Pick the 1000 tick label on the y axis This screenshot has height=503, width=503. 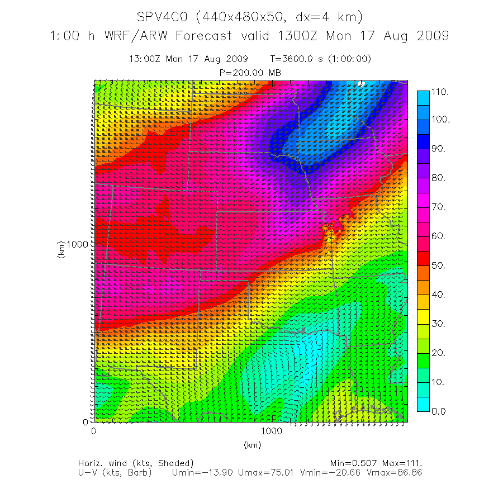(77, 244)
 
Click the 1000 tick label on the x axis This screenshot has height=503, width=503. (272, 432)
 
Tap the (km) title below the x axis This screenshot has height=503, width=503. (253, 445)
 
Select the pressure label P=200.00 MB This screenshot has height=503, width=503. (250, 73)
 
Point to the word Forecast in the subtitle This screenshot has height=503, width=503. (203, 36)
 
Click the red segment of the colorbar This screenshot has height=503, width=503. (424, 258)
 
